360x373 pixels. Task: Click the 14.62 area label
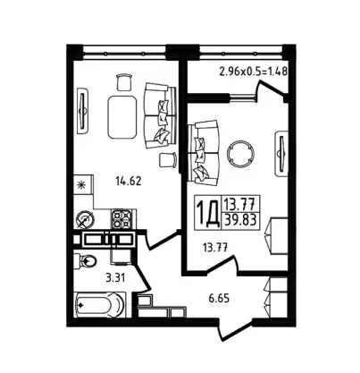tap(128, 181)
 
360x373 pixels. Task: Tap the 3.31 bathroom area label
tap(115, 278)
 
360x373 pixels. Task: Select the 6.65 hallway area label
tap(219, 298)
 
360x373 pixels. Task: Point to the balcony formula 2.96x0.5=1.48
tap(253, 72)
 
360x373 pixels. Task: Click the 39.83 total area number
tap(240, 221)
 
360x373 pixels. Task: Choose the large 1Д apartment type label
tap(208, 212)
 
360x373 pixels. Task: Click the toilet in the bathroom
tap(85, 261)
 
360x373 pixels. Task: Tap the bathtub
tap(100, 305)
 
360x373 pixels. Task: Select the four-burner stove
tap(121, 219)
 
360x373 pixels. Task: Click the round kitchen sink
tap(85, 220)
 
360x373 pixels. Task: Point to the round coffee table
tap(240, 155)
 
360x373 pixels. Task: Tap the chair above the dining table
tap(124, 82)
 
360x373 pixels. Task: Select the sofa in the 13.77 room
tap(204, 153)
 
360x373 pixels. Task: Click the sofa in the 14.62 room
tap(160, 115)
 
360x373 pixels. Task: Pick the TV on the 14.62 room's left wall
tap(83, 111)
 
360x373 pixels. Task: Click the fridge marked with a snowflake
tap(83, 185)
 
